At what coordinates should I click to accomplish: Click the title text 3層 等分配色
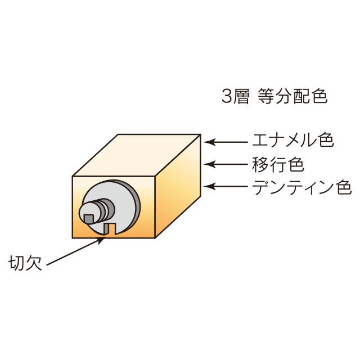click(274, 96)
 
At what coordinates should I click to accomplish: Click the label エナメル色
click(293, 140)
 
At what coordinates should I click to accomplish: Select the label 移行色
click(278, 164)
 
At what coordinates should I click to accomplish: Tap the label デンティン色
click(302, 187)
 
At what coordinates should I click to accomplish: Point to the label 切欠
click(25, 263)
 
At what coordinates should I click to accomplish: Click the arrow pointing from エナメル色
click(226, 142)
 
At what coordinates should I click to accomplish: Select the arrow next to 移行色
click(226, 164)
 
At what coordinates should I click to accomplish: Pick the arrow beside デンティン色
click(226, 186)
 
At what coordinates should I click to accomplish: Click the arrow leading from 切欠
click(76, 251)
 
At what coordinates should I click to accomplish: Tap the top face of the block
click(137, 155)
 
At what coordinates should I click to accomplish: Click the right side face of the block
click(178, 186)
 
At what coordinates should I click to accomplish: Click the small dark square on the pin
click(89, 219)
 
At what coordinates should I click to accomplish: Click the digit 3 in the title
click(226, 96)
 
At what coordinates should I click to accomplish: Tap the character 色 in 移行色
click(296, 164)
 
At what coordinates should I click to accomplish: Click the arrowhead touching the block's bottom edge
click(101, 240)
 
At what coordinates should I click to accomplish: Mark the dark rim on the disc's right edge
click(136, 206)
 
